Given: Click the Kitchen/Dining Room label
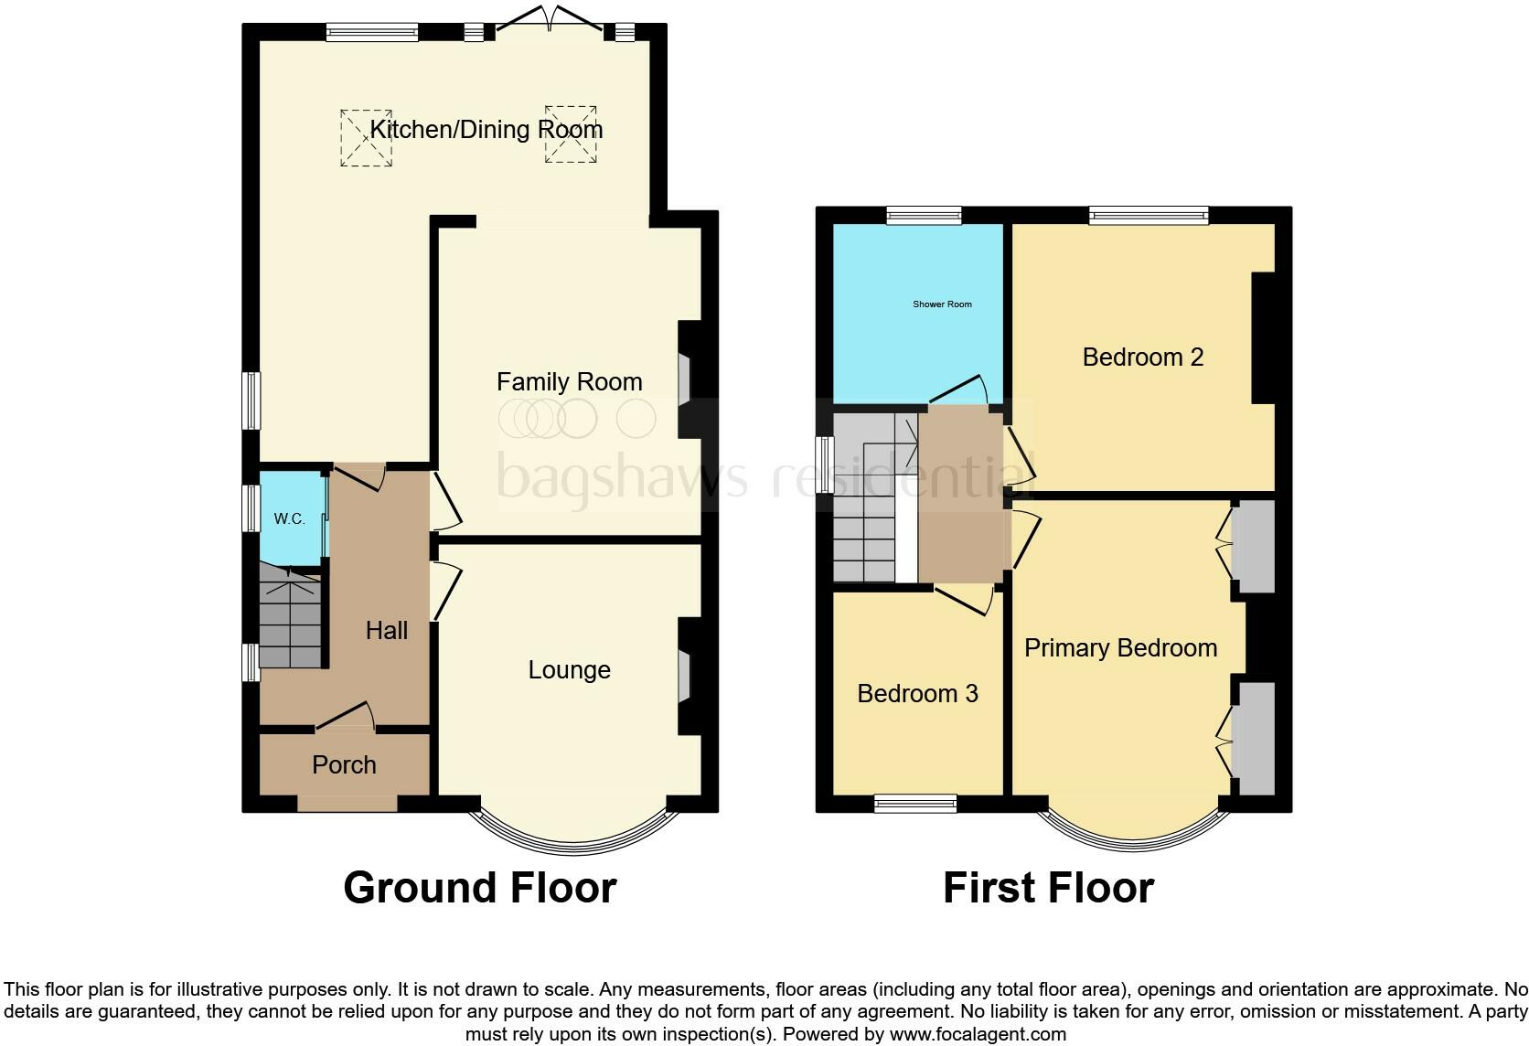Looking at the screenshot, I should tap(486, 130).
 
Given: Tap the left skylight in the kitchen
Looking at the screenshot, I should tap(367, 138).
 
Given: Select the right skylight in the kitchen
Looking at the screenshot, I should tap(572, 133).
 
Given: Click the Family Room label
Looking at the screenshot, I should tap(569, 382).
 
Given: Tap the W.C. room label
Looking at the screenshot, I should tap(289, 519).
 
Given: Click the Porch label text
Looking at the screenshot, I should tap(344, 765).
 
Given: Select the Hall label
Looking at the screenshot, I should tap(387, 630).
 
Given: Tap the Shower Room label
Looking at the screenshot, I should tap(942, 304).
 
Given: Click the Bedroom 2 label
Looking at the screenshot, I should tap(1142, 358).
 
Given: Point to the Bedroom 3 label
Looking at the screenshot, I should tap(917, 694).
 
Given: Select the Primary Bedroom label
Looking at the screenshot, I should tap(1120, 648).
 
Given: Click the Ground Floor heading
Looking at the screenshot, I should tap(479, 888).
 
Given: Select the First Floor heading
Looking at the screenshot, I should tap(1048, 888).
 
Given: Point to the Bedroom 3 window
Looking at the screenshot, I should tap(914, 805).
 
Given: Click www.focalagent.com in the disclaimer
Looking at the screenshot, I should tap(978, 1035).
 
